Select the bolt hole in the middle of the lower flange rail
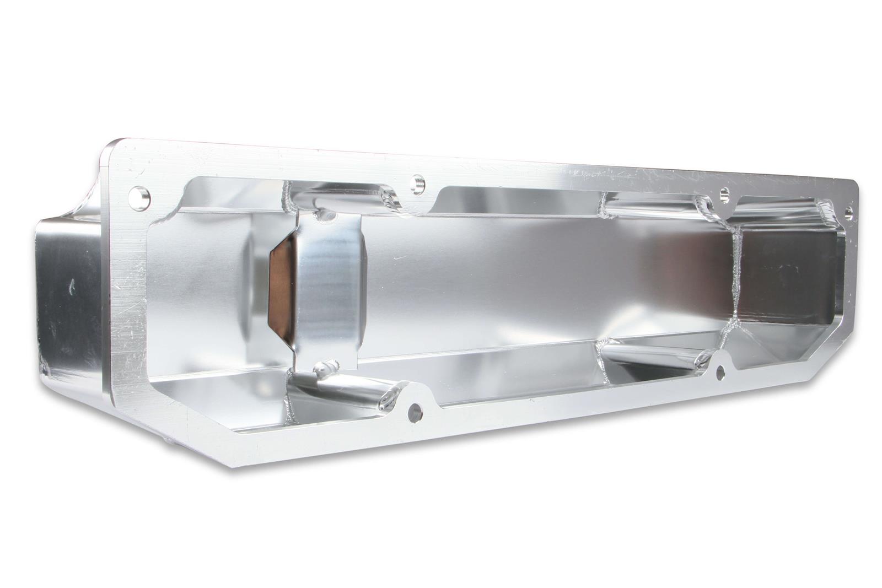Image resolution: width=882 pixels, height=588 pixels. click(x=415, y=410)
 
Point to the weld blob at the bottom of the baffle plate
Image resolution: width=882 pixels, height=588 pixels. click(x=325, y=368)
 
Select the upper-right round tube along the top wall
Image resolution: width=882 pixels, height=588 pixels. click(x=650, y=204)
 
